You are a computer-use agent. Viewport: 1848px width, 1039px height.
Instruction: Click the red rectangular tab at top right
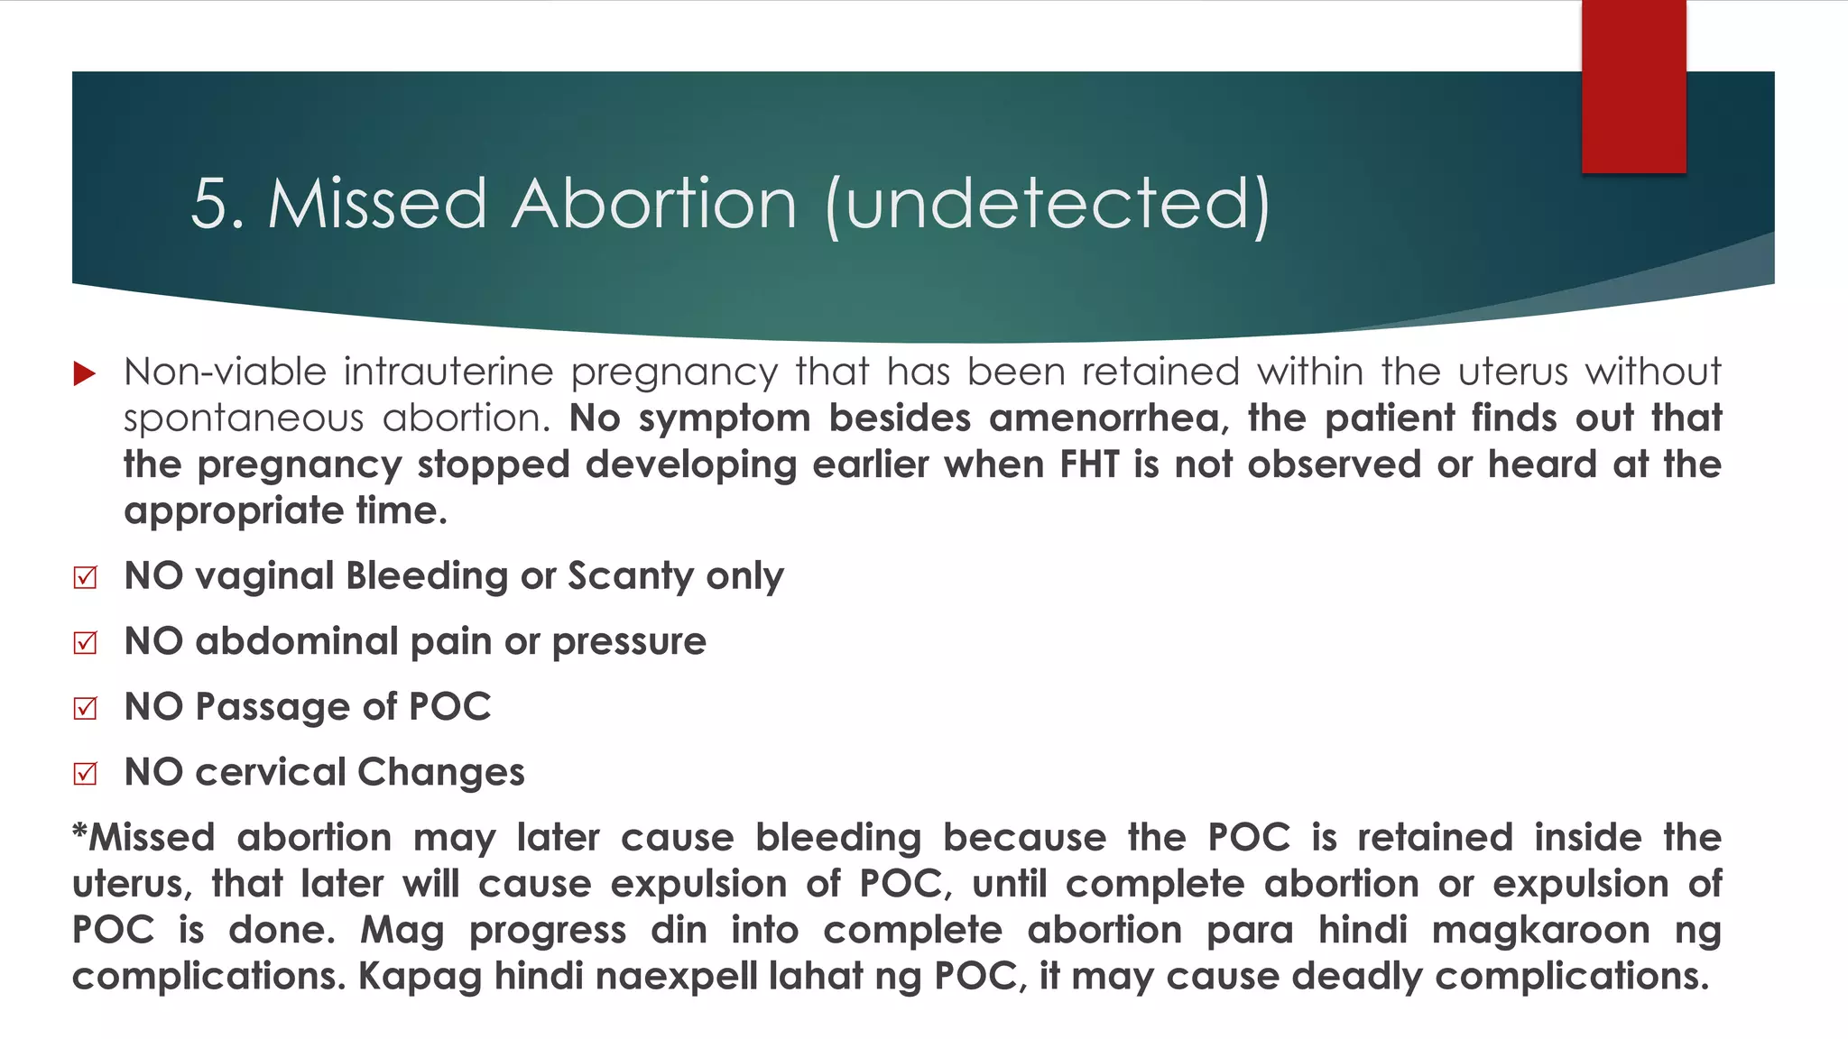pos(1633,87)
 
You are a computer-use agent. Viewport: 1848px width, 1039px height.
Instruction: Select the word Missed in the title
pos(377,204)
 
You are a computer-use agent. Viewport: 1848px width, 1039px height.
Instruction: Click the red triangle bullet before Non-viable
pos(85,373)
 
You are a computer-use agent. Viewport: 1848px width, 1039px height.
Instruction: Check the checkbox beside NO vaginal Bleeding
pos(86,577)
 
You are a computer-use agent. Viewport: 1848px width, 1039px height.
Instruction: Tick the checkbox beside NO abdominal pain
pos(86,642)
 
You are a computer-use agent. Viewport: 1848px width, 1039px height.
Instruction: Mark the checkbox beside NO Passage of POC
pos(86,708)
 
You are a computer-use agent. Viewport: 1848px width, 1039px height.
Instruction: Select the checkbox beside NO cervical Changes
pos(86,774)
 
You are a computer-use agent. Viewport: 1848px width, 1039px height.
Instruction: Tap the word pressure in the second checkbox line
pos(628,642)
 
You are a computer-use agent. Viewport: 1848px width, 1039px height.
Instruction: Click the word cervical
pos(271,773)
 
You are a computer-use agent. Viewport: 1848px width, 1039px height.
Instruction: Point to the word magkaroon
pos(1540,931)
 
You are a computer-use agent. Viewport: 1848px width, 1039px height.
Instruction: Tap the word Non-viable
pos(225,372)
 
